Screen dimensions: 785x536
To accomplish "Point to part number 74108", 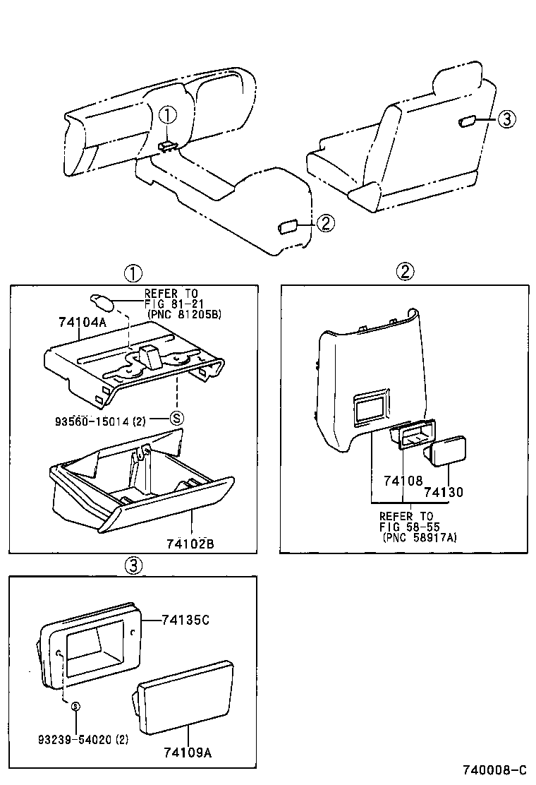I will [403, 481].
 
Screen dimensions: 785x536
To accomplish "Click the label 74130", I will [444, 492].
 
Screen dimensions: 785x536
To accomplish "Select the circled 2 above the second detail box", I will [405, 271].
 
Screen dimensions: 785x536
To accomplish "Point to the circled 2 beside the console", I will [324, 224].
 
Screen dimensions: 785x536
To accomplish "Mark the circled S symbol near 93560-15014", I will [178, 418].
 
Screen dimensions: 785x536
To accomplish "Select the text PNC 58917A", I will [420, 537].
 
